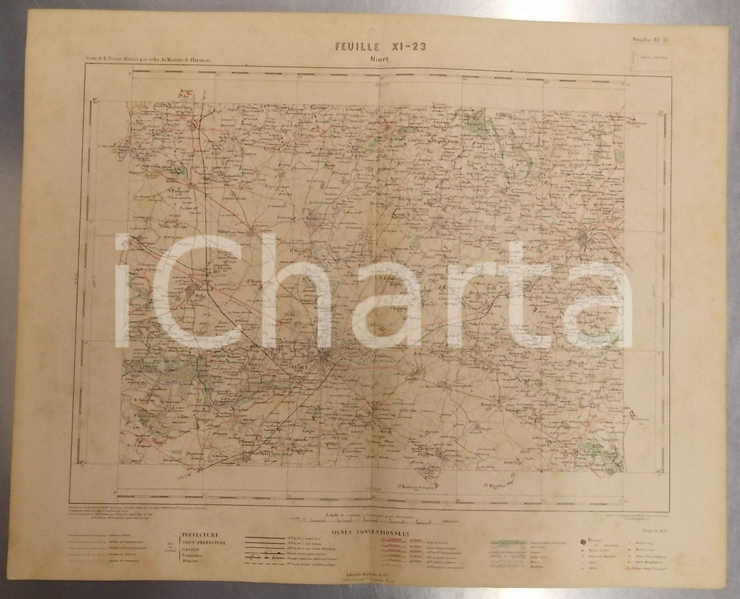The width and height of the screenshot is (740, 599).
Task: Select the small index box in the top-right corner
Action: click(650, 59)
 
